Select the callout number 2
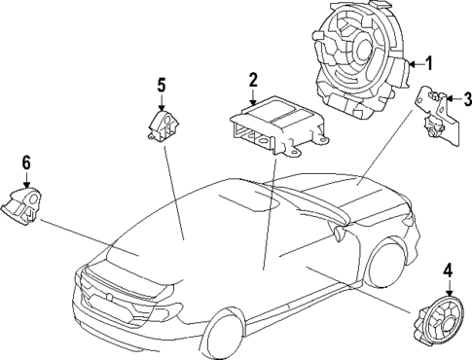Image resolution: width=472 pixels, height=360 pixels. (252, 79)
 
